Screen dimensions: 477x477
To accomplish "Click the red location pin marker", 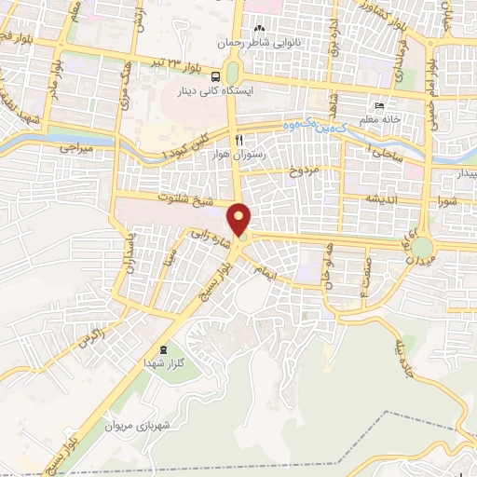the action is [x=240, y=220].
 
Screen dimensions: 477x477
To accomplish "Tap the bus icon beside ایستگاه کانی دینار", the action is [x=216, y=77].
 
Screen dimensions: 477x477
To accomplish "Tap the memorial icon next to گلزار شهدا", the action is [x=164, y=348].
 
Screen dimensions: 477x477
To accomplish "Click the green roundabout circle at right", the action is [x=423, y=247].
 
